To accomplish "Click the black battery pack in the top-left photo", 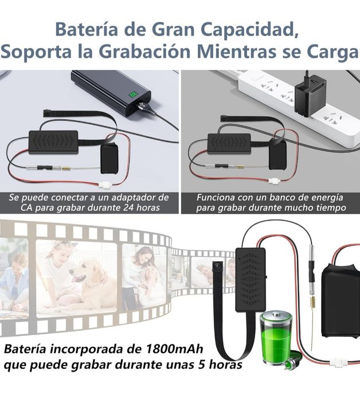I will (109, 158).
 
